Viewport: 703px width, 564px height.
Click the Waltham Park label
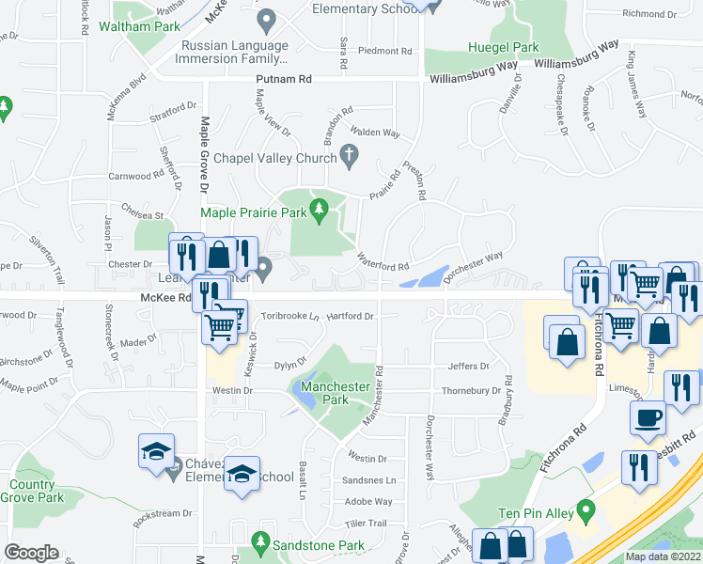[145, 26]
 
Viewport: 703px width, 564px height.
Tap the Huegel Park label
[504, 47]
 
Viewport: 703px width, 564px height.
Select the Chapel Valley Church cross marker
[350, 154]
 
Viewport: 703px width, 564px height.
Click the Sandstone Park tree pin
[261, 544]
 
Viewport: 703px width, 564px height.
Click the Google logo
[31, 553]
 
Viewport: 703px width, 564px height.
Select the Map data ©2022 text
[663, 556]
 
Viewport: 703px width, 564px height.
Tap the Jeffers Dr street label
[469, 367]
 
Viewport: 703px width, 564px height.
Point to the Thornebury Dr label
[471, 390]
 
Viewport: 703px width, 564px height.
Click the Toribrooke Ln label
[290, 317]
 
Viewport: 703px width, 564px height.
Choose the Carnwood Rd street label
[136, 176]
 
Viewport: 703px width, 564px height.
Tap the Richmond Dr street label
[649, 14]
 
